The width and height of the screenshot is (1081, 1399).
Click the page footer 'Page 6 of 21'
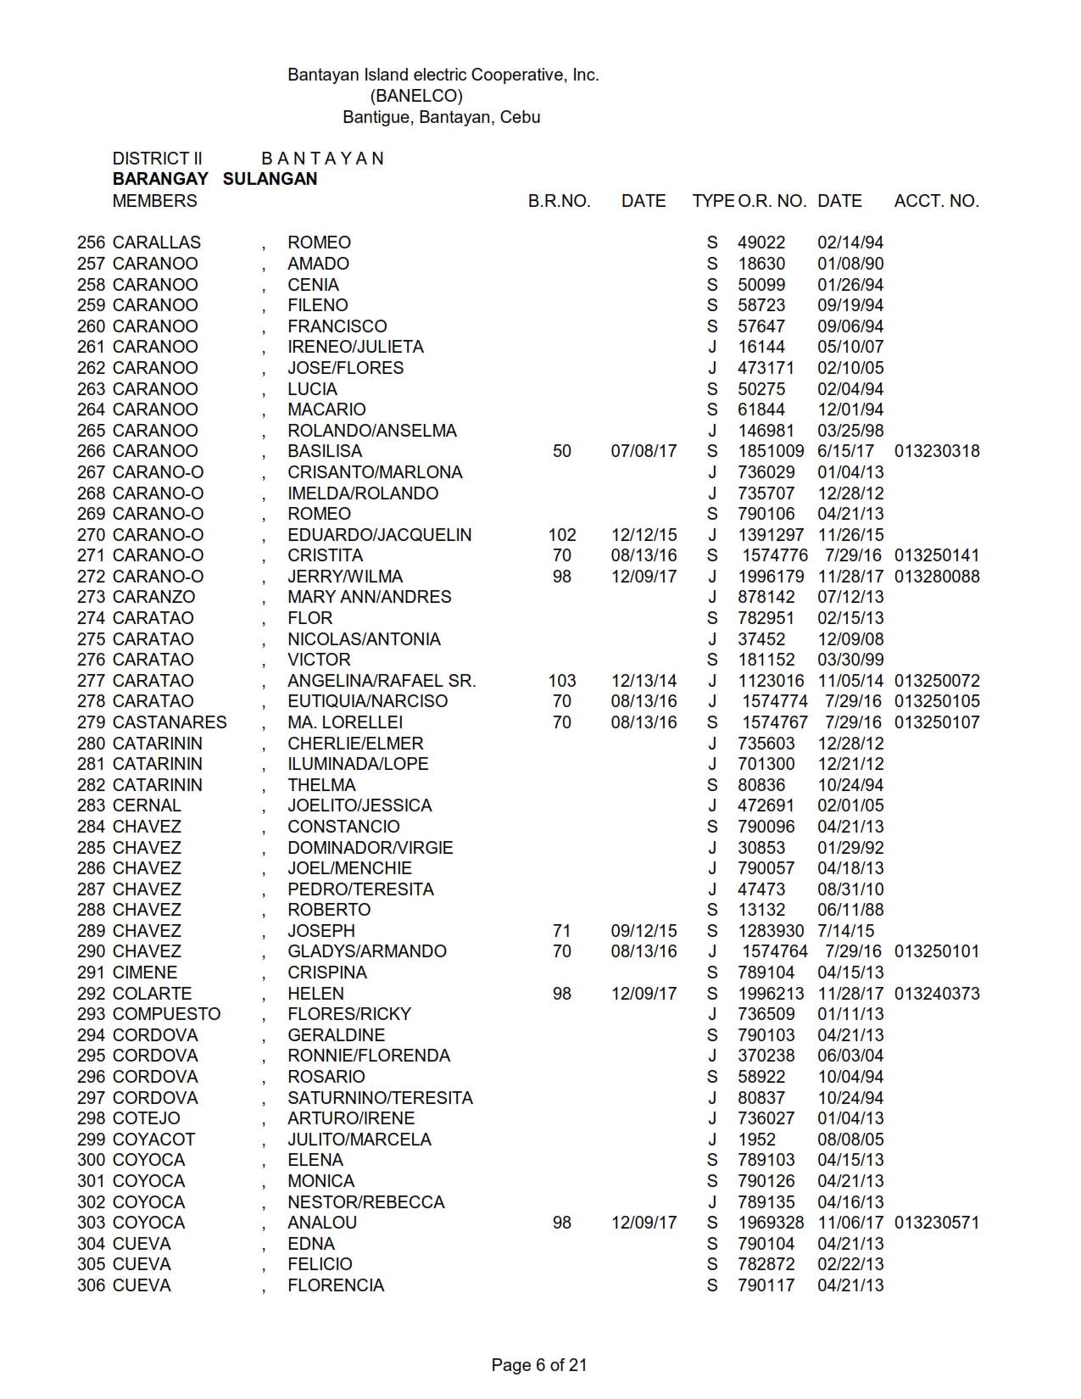(x=539, y=1364)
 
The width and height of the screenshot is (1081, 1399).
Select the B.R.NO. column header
(x=559, y=201)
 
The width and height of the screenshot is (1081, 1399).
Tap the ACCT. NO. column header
(x=936, y=201)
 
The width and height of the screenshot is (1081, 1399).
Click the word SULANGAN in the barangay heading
(x=270, y=179)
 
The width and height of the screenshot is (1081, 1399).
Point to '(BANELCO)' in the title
(x=416, y=96)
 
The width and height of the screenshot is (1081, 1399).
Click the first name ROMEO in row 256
(x=319, y=242)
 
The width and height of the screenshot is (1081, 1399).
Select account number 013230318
(x=936, y=451)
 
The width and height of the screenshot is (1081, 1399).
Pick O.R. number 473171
(x=766, y=368)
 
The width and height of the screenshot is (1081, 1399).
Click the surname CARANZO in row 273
(x=153, y=597)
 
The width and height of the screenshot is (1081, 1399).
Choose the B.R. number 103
(x=562, y=681)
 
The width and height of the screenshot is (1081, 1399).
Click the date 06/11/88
(x=850, y=910)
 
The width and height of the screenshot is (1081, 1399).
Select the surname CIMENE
(x=145, y=973)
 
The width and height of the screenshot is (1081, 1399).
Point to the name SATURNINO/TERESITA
(x=380, y=1098)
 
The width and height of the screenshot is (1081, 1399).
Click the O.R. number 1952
(x=756, y=1140)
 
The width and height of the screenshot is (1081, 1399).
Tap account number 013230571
(x=936, y=1223)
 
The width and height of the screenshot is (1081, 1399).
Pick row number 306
(x=91, y=1285)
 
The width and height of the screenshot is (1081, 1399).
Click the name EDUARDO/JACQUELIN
(x=379, y=535)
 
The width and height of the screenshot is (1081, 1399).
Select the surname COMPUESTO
(x=166, y=1014)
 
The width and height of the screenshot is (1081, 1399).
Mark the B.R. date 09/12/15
(x=644, y=931)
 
